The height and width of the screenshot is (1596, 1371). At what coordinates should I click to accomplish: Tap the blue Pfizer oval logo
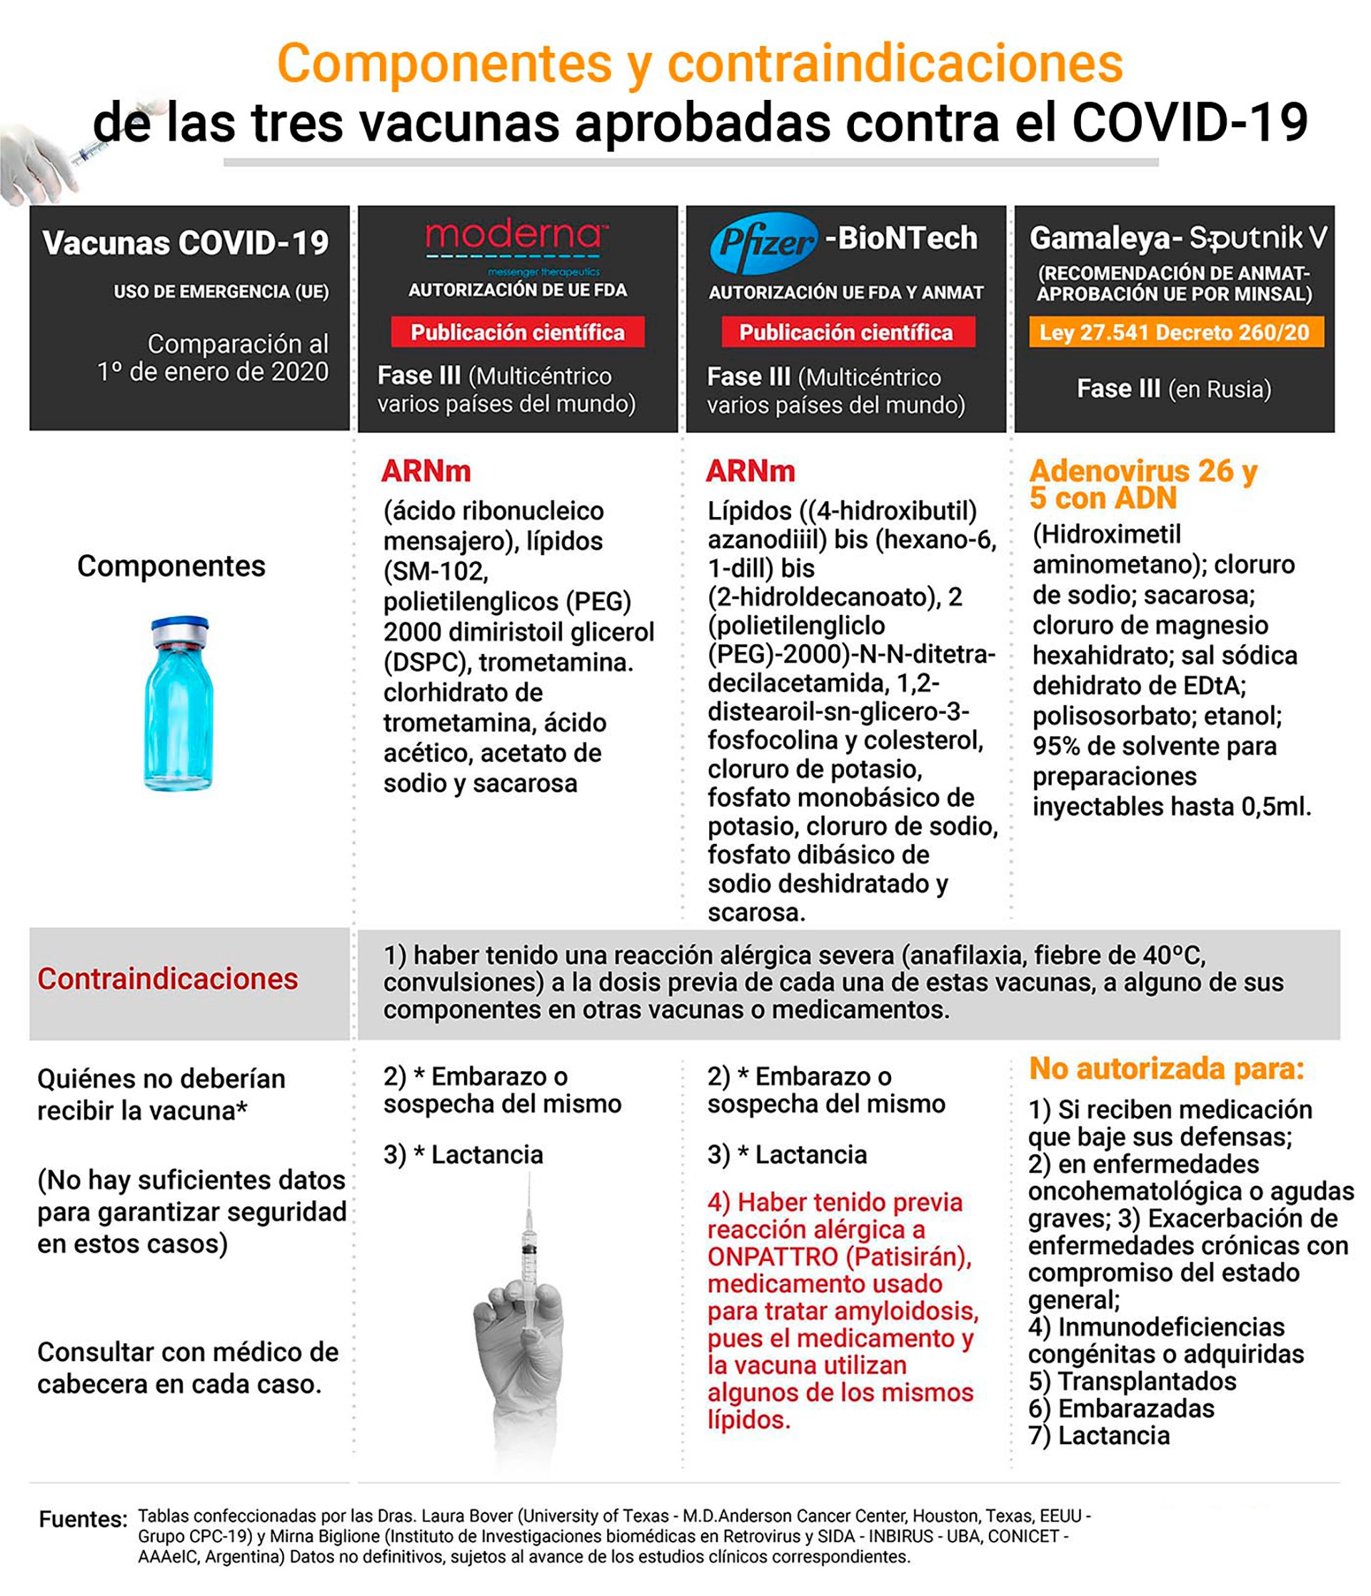[763, 243]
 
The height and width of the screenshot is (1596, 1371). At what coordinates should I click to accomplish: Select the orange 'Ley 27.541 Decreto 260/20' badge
[1175, 332]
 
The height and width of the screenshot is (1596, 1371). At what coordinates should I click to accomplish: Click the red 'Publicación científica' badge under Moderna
[517, 332]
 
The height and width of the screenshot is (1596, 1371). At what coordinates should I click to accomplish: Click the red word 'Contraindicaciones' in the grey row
[167, 979]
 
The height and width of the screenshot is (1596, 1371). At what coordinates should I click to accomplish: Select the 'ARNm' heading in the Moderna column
[426, 471]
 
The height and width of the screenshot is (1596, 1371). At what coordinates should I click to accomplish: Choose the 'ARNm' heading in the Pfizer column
[750, 471]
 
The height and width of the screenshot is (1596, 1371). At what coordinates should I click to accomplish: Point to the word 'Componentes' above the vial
[171, 566]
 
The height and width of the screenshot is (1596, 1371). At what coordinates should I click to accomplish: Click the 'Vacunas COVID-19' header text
[186, 243]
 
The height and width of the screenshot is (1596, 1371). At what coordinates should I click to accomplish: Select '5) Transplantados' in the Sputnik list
[1133, 1381]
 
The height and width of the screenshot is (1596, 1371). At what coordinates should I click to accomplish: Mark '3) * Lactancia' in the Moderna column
[463, 1154]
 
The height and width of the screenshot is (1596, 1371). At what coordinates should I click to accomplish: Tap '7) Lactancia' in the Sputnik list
[1099, 1435]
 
